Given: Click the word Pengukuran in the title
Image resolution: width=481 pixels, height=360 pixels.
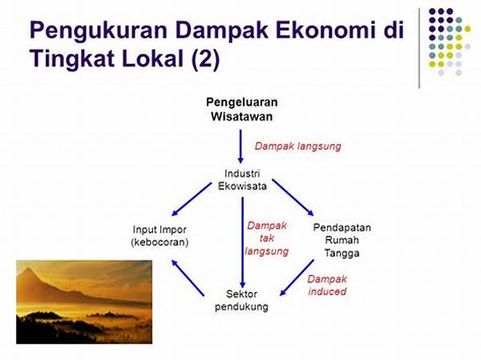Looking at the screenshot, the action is [x=98, y=31].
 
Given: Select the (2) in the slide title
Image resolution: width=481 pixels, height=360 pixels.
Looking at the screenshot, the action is [x=205, y=59].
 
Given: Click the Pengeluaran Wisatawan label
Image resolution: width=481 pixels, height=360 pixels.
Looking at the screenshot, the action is [x=242, y=109].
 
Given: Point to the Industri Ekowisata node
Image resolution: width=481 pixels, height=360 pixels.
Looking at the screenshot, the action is [x=242, y=180].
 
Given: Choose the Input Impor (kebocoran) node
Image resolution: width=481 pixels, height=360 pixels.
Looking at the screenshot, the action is [x=160, y=236].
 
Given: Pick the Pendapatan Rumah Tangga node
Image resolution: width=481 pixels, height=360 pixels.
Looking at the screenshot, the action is [x=342, y=241].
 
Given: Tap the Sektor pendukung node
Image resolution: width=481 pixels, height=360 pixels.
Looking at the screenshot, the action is [x=241, y=300].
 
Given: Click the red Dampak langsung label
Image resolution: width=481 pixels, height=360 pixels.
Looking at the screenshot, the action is [x=298, y=146].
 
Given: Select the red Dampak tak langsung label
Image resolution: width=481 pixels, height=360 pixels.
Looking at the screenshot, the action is [x=267, y=238].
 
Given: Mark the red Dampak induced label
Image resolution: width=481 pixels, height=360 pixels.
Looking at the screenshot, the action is [x=327, y=285].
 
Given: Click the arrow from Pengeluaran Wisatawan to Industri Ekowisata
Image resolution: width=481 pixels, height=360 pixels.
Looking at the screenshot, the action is [x=240, y=147].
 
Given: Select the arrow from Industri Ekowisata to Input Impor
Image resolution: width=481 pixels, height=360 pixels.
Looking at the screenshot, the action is [x=192, y=199].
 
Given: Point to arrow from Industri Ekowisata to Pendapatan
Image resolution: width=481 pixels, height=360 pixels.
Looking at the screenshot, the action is [x=293, y=197].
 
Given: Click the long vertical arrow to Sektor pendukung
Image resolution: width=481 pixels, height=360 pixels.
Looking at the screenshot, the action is [x=242, y=242].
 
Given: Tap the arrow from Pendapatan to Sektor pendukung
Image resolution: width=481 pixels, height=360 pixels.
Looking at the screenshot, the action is [x=297, y=277].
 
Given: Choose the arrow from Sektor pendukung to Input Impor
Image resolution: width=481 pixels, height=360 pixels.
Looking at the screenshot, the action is [x=188, y=278].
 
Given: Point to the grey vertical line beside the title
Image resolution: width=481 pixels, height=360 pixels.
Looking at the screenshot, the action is [x=419, y=48].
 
